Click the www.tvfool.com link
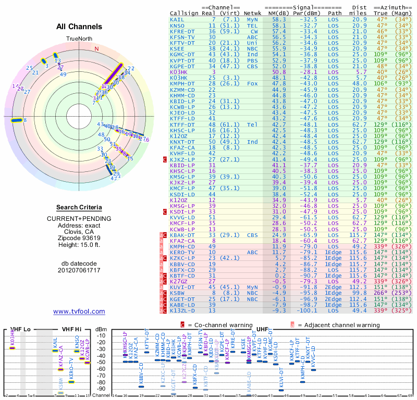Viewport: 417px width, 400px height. pyautogui.click(x=79, y=311)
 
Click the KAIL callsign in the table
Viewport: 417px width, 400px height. pyautogui.click(x=177, y=19)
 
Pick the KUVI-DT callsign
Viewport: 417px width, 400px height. pyautogui.click(x=182, y=286)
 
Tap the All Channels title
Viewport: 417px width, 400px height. pyautogui.click(x=79, y=27)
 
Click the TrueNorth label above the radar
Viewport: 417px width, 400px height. pyautogui.click(x=79, y=39)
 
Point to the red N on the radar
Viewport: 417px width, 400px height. pyautogui.click(x=96, y=48)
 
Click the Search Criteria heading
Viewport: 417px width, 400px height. pyautogui.click(x=79, y=207)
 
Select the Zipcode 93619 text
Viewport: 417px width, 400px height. pyautogui.click(x=79, y=237)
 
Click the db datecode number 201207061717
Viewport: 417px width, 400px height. pyautogui.click(x=79, y=270)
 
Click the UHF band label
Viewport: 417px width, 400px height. pyautogui.click(x=263, y=330)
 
